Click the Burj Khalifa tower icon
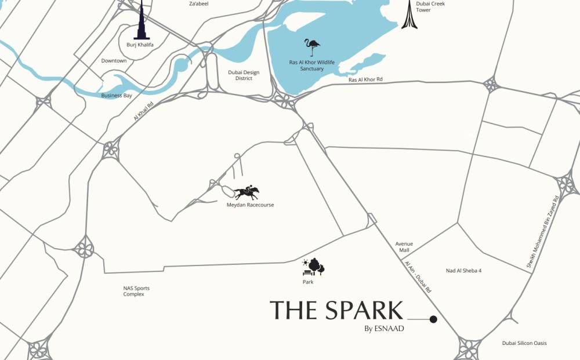142,22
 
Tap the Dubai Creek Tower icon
408,16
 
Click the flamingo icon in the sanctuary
313,47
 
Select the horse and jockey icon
247,192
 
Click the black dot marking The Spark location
433,319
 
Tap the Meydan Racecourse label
250,205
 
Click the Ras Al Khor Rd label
365,79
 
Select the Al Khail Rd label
143,110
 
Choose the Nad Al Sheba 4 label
463,271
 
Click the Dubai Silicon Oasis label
524,343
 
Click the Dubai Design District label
244,75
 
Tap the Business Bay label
117,95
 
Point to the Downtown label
114,61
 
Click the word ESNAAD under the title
388,329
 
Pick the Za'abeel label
198,3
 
